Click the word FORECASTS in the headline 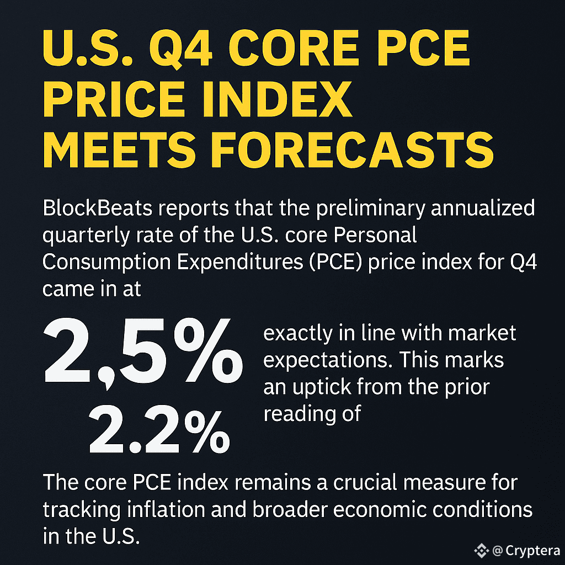(352, 150)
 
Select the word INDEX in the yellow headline (278, 99)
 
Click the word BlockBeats (97, 208)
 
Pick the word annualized (483, 208)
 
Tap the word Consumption (106, 263)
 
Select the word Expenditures (240, 262)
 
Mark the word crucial (365, 482)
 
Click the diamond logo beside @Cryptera (481, 550)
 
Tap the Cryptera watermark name (533, 551)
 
